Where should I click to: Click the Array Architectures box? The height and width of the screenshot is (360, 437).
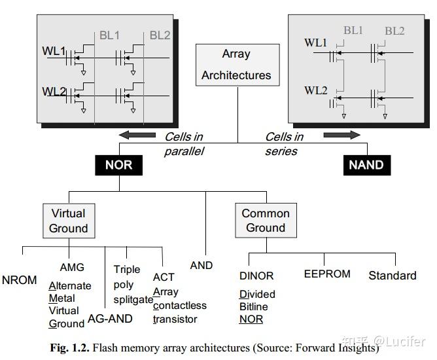(x=236, y=65)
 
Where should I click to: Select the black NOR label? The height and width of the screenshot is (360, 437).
(x=118, y=164)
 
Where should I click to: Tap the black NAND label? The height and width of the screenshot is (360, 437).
(x=366, y=164)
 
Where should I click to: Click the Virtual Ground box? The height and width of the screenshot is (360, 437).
(x=68, y=221)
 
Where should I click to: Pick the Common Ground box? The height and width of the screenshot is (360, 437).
(x=265, y=221)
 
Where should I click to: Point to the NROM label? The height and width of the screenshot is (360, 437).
(x=20, y=280)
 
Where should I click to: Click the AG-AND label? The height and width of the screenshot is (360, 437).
(x=110, y=319)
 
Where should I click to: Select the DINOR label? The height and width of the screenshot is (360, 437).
(x=256, y=276)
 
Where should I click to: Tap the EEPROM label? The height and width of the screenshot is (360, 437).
(x=327, y=274)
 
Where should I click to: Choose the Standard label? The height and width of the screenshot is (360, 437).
(x=393, y=276)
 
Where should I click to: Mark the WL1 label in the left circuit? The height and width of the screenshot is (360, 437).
(x=55, y=51)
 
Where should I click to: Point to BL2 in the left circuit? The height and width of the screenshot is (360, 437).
(x=160, y=35)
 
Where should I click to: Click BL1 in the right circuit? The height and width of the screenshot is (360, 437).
(x=353, y=31)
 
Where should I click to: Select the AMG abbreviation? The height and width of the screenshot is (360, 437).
(x=72, y=268)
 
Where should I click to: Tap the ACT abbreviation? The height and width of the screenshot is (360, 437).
(x=164, y=278)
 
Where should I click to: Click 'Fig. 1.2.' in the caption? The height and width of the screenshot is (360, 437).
(x=71, y=348)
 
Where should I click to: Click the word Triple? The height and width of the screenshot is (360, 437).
(x=127, y=269)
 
